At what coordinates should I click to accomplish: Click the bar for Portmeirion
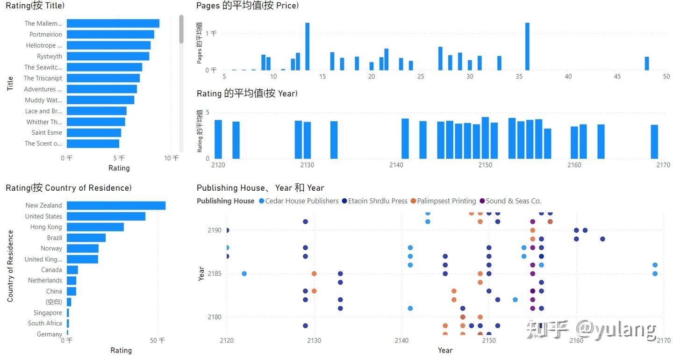(x=110, y=35)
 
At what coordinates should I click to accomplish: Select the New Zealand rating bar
(x=116, y=206)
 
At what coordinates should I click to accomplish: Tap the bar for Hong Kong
(x=95, y=227)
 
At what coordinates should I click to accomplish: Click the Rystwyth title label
(x=49, y=57)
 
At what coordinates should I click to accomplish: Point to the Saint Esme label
(x=47, y=133)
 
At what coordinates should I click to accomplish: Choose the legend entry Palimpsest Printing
(x=446, y=201)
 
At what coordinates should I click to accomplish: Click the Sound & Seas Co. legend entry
(x=513, y=201)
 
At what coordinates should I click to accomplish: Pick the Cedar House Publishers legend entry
(x=301, y=201)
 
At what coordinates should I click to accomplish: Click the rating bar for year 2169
(x=654, y=142)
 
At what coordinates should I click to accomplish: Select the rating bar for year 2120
(x=218, y=139)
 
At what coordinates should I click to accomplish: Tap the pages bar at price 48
(x=647, y=64)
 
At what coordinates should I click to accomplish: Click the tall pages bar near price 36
(x=527, y=47)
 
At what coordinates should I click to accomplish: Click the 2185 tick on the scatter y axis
(x=215, y=274)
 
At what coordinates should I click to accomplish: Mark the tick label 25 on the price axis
(x=421, y=77)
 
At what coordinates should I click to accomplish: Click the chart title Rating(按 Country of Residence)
(x=69, y=188)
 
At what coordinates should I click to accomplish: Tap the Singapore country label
(x=48, y=313)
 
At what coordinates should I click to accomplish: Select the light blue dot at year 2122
(x=244, y=274)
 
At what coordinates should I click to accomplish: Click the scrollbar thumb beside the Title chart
(x=181, y=29)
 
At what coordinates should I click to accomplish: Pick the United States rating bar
(x=106, y=216)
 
